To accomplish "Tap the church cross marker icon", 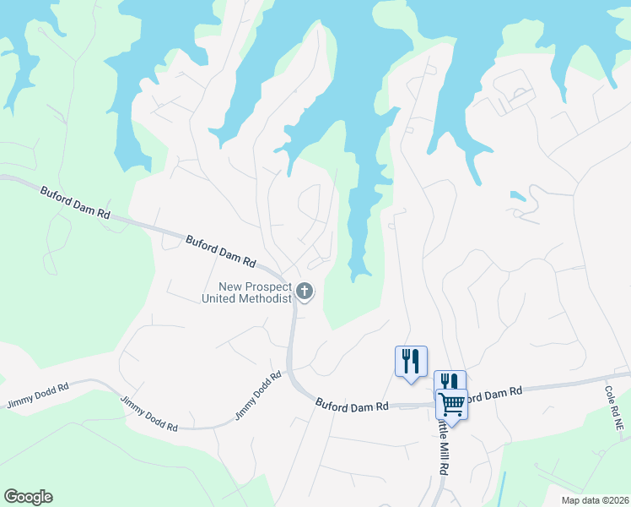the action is coord(305,292).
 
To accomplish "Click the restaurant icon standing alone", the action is coord(411,362).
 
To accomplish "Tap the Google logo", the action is coord(28,497).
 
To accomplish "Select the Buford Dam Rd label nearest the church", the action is coord(220,250).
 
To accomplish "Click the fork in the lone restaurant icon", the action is coord(406,360).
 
